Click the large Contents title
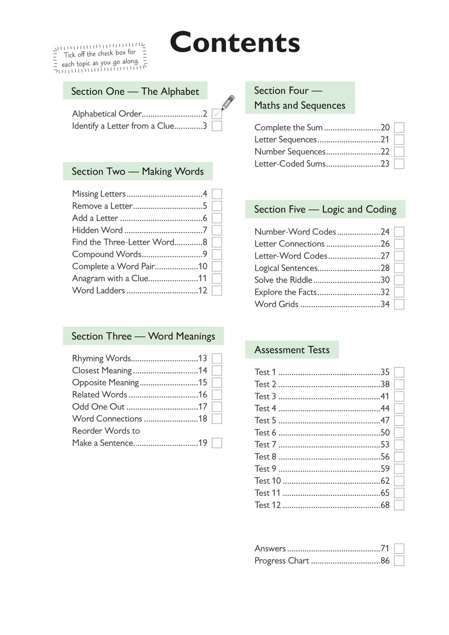pos(235,42)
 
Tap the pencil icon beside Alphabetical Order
pos(228,102)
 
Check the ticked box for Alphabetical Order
pos(217,114)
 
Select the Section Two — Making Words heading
pos(137,171)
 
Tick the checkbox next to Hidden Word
pos(217,230)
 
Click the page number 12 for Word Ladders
pos(202,290)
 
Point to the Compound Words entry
pos(107,254)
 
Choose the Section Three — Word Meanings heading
pos(143,336)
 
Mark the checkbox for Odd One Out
pos(217,407)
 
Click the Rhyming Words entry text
pos(101,359)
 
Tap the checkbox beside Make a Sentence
pos(217,443)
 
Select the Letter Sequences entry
pos(285,140)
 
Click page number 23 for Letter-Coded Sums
pos(385,164)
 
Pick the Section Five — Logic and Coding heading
pos(325,209)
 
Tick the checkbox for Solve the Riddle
pos(399,280)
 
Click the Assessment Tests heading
pos(292,350)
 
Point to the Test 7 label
pos(265,444)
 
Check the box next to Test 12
pos(399,505)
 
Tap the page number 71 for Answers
pos(385,549)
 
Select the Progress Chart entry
pos(282,561)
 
